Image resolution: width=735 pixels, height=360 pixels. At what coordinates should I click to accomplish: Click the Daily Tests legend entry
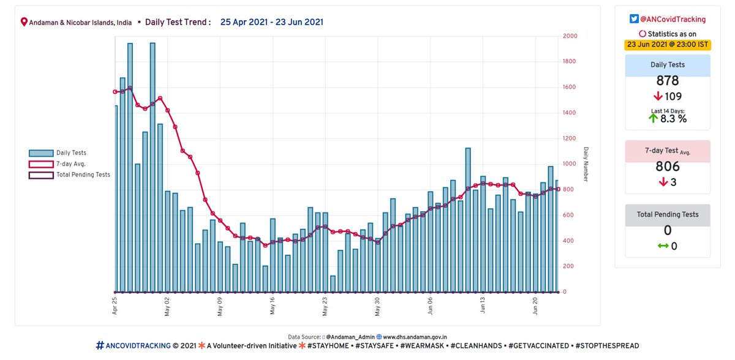(x=71, y=153)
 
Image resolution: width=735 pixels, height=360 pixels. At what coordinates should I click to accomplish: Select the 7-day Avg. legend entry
(x=70, y=163)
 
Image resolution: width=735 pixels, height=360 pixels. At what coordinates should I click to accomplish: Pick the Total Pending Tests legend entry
(x=83, y=174)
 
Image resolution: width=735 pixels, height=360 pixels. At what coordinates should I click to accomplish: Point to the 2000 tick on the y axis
(x=570, y=36)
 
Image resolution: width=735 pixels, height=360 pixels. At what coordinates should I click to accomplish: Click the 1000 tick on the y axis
(x=570, y=164)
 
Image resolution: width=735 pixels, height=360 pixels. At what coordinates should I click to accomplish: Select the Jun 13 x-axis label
(x=483, y=306)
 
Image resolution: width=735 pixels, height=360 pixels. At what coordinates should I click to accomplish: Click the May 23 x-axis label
(x=325, y=306)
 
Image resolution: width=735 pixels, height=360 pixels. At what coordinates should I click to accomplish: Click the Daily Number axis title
(x=586, y=164)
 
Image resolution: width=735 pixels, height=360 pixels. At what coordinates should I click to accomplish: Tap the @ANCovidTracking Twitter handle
(x=673, y=20)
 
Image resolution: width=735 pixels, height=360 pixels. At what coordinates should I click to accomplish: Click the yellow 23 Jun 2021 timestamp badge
(x=667, y=44)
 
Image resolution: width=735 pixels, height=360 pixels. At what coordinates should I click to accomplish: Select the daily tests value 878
(x=667, y=81)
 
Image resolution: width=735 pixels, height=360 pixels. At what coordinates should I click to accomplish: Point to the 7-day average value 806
(x=667, y=167)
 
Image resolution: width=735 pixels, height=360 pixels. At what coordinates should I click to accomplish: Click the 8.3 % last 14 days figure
(x=673, y=119)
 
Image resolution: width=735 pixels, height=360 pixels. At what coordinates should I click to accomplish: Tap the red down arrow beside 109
(x=658, y=96)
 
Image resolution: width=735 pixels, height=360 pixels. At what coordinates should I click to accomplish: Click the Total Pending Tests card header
(x=667, y=215)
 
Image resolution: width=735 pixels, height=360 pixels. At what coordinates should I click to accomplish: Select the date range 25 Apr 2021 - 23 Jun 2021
(x=272, y=22)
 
